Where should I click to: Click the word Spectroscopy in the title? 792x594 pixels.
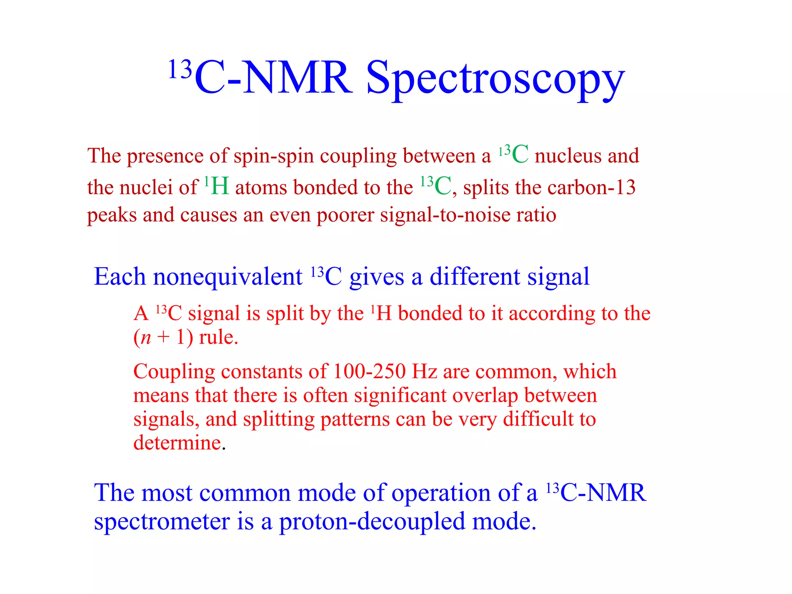coord(495,79)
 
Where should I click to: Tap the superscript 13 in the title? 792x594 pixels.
coord(180,70)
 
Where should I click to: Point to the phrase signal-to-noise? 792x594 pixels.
coord(445,215)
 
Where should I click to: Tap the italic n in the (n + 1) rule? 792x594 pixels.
coord(145,338)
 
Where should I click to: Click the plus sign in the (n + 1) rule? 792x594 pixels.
coord(164,337)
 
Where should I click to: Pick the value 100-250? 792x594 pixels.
coord(369,372)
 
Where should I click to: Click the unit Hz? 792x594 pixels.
coord(424,372)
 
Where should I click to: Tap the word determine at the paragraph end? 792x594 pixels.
coord(177,443)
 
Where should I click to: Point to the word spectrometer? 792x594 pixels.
coord(162,522)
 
